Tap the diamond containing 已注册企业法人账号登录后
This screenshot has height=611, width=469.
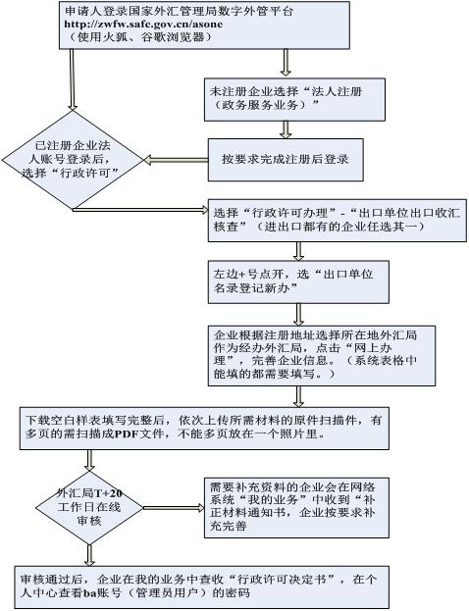(x=74, y=161)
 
